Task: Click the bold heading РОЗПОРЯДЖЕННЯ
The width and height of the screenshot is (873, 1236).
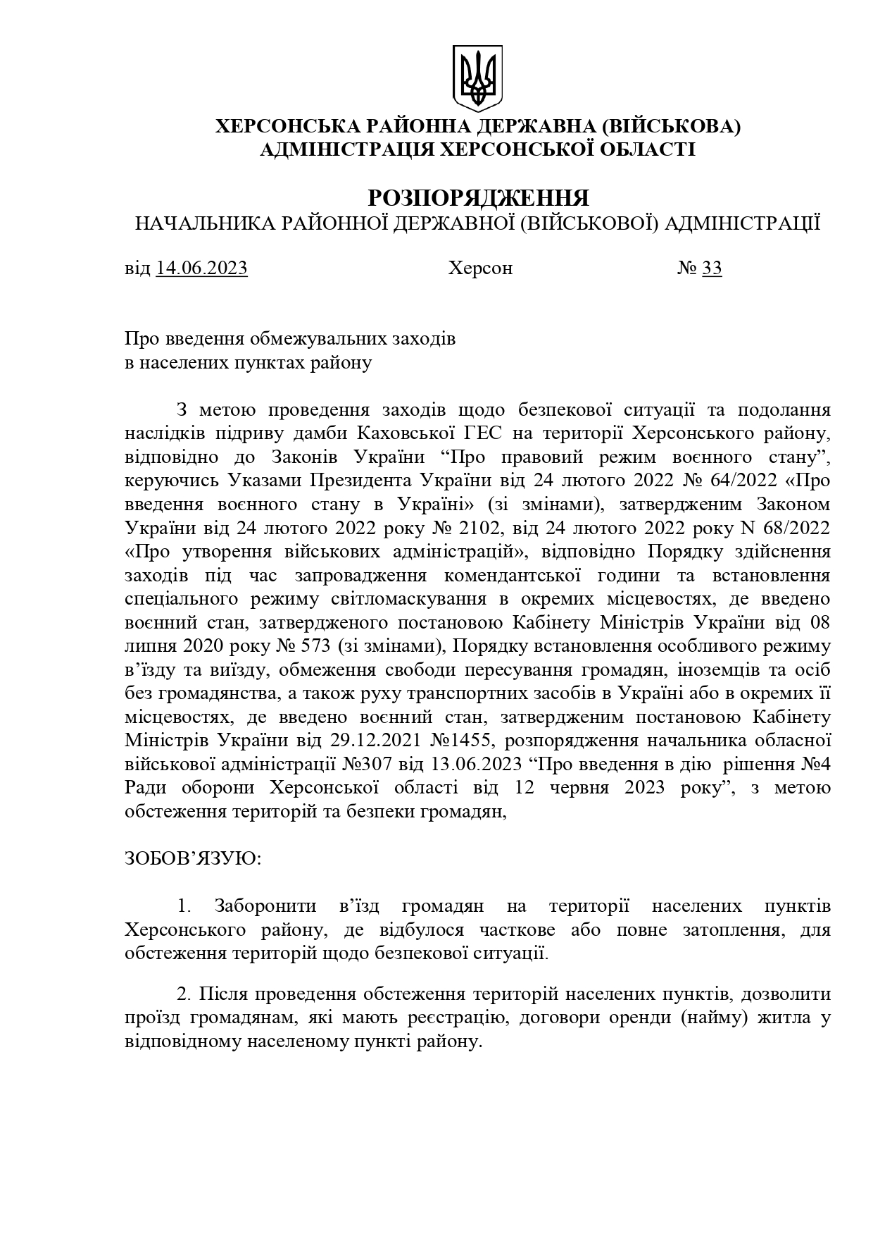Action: coord(478,197)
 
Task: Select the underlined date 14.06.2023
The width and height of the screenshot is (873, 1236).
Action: coord(202,268)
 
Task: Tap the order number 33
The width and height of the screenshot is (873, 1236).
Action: coord(712,268)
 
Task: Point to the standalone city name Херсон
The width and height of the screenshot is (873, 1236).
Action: coord(480,268)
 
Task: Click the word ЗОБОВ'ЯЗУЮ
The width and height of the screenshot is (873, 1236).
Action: coord(192,859)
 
